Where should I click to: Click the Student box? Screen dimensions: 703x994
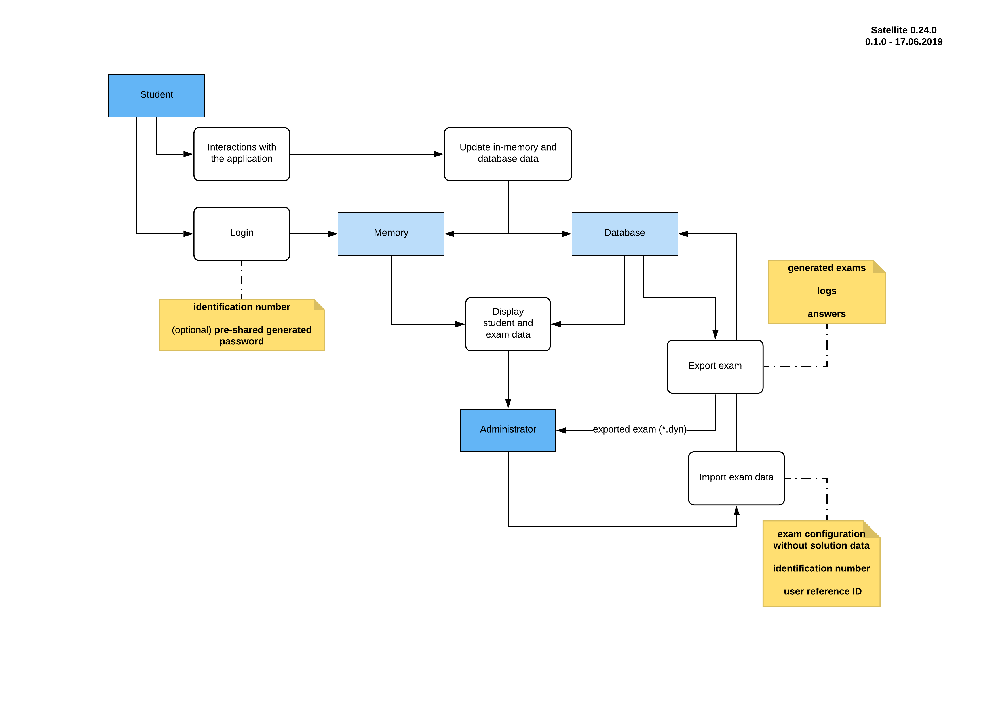[156, 95]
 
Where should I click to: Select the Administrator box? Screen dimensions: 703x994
[508, 430]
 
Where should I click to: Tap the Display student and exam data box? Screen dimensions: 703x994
[508, 324]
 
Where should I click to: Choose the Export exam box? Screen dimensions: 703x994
[715, 366]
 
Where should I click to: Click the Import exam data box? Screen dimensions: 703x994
[736, 478]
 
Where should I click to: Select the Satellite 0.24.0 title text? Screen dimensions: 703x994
[904, 30]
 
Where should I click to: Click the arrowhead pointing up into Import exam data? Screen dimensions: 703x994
[736, 511]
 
